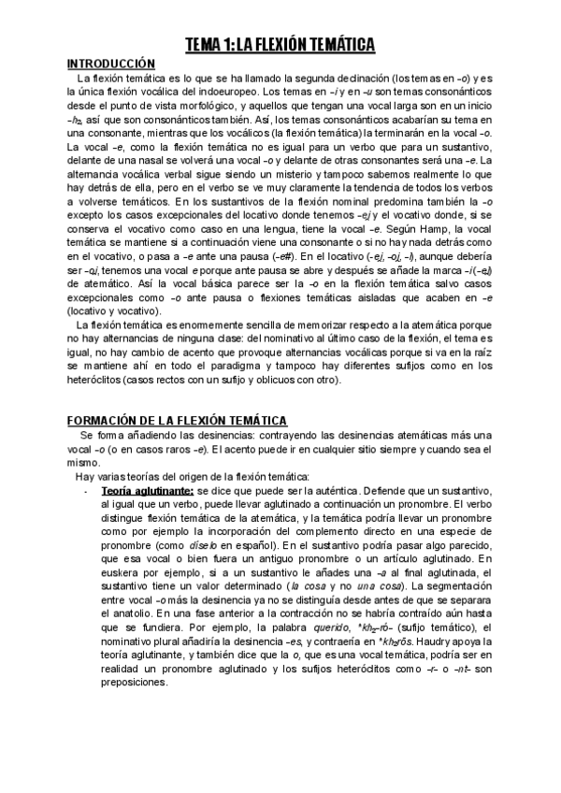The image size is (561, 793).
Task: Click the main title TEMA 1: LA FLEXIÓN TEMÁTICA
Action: [280, 44]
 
